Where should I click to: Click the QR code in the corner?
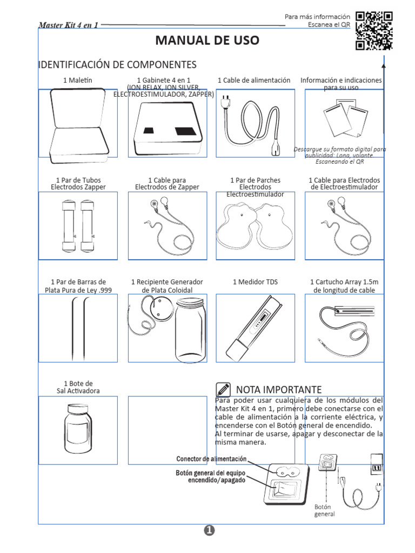tap(374, 30)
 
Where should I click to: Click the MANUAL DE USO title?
tap(207, 41)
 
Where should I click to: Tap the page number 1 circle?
tap(210, 531)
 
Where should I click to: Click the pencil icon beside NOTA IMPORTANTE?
tap(222, 389)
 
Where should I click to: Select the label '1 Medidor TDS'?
tap(255, 282)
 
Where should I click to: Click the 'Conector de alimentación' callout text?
tap(211, 459)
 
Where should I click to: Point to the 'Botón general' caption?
tap(324, 510)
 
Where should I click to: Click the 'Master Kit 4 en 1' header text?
tap(68, 25)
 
